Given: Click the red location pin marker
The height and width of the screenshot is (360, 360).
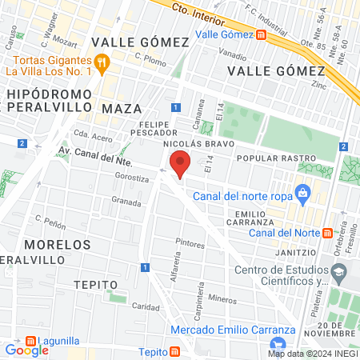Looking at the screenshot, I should tap(181, 164).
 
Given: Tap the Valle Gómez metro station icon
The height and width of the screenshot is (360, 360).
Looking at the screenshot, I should tap(262, 34).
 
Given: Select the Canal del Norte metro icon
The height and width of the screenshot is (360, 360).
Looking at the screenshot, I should tap(326, 233).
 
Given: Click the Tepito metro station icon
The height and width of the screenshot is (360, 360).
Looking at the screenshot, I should tap(174, 352).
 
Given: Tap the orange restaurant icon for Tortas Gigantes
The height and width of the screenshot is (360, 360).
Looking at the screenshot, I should tap(101, 61).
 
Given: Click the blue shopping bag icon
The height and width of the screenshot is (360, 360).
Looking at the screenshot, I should tap(302, 192).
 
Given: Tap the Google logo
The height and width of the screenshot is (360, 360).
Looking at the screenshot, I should tap(26, 350).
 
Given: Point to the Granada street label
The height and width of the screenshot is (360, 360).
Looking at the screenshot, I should tap(126, 201).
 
